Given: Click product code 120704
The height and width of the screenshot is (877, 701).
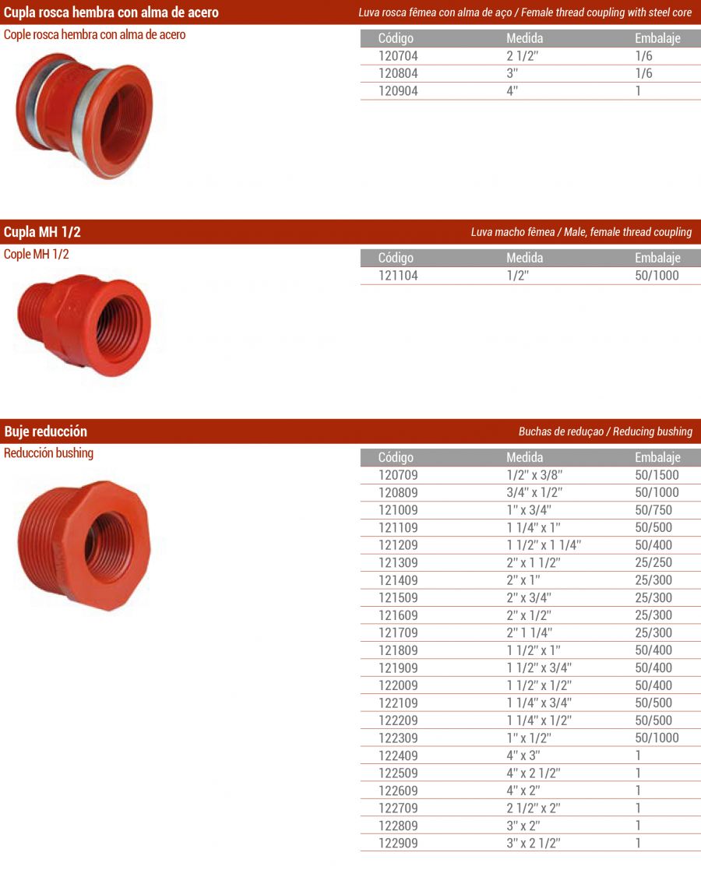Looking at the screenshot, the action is [398, 56].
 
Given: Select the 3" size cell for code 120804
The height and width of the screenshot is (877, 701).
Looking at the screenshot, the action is [512, 73].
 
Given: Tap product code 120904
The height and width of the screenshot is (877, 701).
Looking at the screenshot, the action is [398, 90].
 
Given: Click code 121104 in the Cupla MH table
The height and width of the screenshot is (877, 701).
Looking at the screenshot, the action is [398, 275].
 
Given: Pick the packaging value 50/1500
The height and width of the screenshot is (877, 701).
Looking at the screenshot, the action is [657, 475].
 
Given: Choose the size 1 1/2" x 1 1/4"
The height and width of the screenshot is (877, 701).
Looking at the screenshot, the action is [544, 544].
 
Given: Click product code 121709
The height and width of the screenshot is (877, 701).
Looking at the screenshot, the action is [398, 632].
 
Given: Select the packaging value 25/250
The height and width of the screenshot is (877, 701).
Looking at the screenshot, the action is [653, 562].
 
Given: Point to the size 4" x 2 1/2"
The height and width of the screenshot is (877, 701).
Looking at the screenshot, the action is [534, 773].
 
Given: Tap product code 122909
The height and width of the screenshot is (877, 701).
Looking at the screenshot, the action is [398, 843].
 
